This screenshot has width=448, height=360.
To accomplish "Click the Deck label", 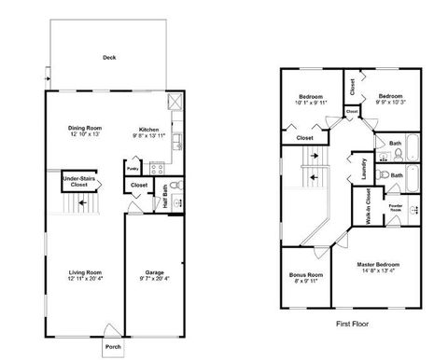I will point(109,57).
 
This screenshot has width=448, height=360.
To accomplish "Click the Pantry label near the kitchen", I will point(133,169).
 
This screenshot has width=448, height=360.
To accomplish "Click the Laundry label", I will point(360,168).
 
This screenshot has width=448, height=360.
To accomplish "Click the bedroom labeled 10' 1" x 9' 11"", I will point(310,103).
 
